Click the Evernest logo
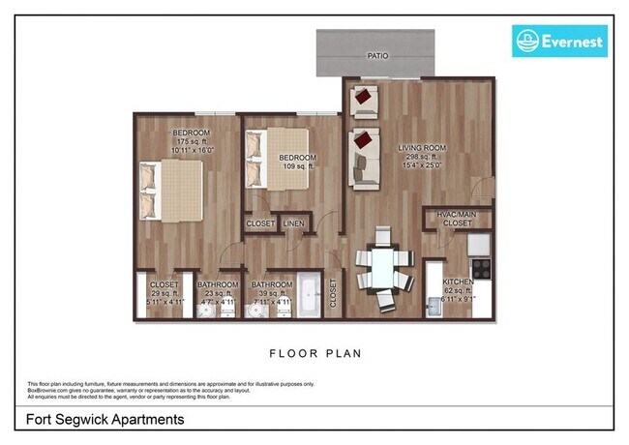[559, 41]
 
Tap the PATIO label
[377, 56]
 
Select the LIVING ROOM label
[420, 147]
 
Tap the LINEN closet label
[293, 223]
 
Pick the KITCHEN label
[459, 282]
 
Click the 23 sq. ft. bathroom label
[217, 293]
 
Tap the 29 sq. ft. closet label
[165, 293]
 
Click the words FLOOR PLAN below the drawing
[314, 353]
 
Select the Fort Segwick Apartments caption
[100, 421]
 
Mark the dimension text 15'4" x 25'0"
[420, 165]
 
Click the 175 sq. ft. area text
[191, 142]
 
